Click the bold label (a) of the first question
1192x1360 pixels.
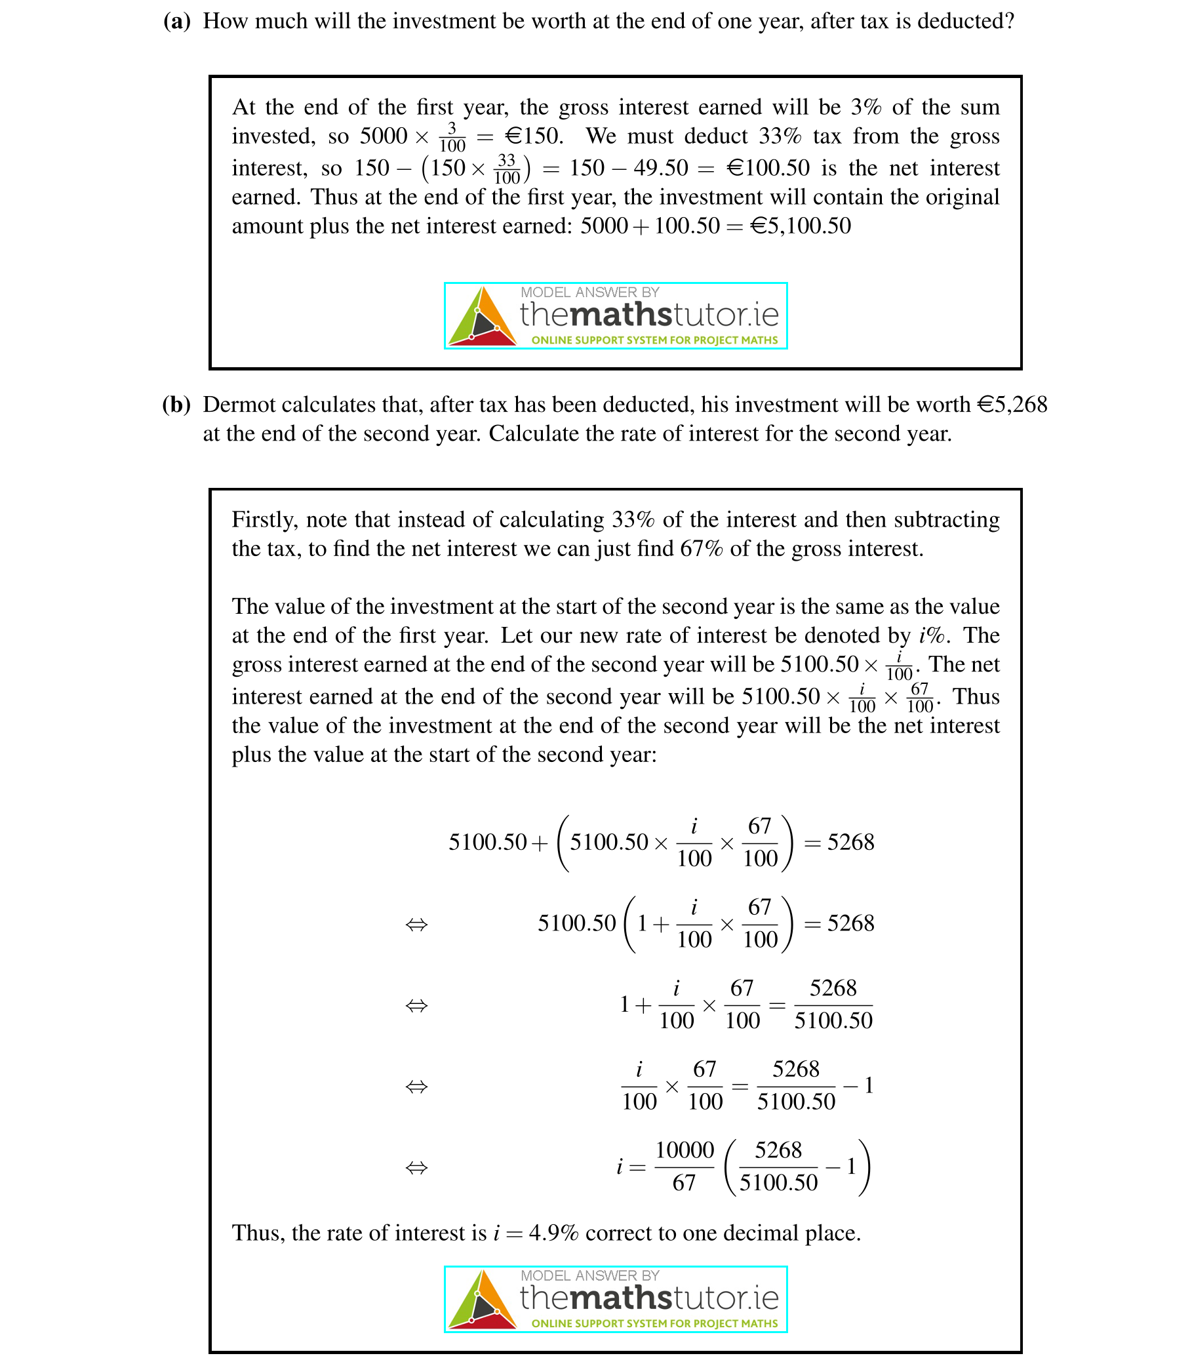[177, 21]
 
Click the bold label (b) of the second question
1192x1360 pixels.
[176, 405]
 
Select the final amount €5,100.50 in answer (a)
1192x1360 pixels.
[800, 226]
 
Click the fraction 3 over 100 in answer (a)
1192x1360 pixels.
[452, 137]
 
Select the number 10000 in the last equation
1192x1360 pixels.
[685, 1150]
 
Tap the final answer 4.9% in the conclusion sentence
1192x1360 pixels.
[553, 1233]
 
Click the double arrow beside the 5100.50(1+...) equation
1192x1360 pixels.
[416, 924]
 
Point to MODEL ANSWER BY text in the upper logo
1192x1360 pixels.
[589, 292]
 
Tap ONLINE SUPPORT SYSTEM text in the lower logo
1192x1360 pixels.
[654, 1323]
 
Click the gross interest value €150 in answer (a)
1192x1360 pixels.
[534, 136]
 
